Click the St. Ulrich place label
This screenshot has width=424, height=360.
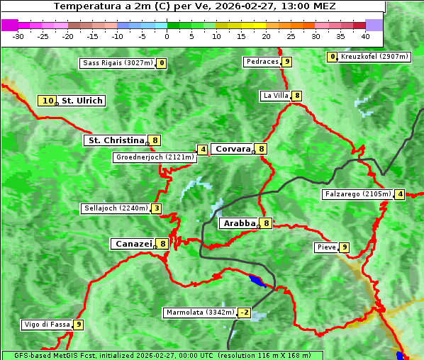(x=82, y=101)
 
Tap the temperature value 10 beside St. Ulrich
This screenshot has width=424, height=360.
(x=48, y=101)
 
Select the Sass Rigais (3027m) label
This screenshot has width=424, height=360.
(x=117, y=63)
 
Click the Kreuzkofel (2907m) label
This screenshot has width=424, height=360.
(x=374, y=57)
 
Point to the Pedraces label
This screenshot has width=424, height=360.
(x=262, y=62)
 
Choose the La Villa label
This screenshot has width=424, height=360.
(x=275, y=96)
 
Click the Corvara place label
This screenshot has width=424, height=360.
(x=233, y=149)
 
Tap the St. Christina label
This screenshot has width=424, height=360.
(x=114, y=140)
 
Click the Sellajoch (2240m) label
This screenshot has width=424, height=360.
(x=116, y=208)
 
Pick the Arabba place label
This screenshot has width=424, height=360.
(x=238, y=223)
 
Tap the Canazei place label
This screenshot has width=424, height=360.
(x=133, y=244)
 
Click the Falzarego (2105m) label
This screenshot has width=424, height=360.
(x=357, y=194)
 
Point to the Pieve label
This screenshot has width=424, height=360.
(x=326, y=247)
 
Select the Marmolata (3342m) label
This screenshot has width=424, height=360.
(x=199, y=313)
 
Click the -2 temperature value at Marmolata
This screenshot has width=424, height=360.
(x=245, y=313)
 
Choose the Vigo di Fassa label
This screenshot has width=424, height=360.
(x=47, y=325)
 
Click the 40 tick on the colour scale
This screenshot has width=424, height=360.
(x=365, y=35)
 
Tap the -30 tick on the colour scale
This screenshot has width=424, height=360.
(x=18, y=35)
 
